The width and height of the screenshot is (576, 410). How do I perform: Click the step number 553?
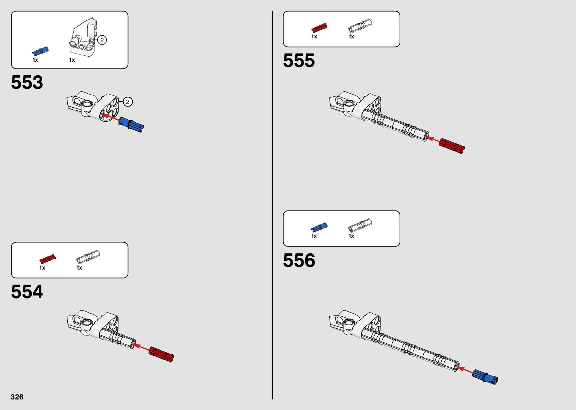pos(27,82)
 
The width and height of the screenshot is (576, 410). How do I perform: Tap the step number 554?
pos(27,292)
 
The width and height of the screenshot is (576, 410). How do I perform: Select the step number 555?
pos(299,61)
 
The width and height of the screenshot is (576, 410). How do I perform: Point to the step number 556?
pos(299,261)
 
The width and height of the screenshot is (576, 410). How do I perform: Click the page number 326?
pos(17,397)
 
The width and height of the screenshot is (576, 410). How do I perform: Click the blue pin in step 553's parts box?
pos(41,52)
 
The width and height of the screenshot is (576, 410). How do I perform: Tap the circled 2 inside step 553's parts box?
pos(102,40)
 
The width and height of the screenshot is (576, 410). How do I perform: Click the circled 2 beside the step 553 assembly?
pos(128,102)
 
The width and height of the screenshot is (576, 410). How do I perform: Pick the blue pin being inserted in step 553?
pos(131,125)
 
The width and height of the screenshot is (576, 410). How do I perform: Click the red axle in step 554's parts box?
pos(47,259)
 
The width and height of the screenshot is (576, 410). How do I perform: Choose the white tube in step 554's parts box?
pos(88,256)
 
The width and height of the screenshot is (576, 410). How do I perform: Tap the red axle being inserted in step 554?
pos(161,354)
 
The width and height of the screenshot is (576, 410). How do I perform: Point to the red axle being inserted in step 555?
pos(452,146)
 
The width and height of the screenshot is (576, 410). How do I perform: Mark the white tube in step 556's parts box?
pos(360,225)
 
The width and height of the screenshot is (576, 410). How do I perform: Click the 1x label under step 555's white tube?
pos(351,37)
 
